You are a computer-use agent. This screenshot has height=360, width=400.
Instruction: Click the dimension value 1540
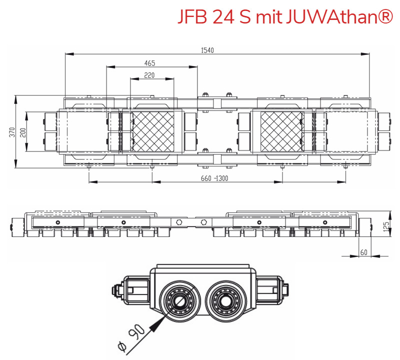pyautogui.click(x=206, y=50)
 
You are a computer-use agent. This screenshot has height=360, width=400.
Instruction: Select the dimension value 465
pyautogui.click(x=149, y=63)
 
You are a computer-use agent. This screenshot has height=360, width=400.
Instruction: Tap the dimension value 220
pyautogui.click(x=149, y=75)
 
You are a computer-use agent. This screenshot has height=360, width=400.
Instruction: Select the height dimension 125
pyautogui.click(x=385, y=227)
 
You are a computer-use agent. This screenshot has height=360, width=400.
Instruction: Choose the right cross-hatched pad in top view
pyautogui.click(x=281, y=131)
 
